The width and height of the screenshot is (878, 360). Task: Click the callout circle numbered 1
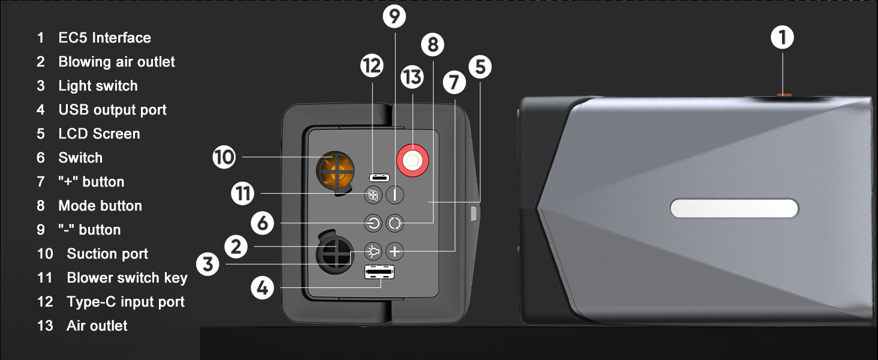(782, 38)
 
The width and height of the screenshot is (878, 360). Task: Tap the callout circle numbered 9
(394, 16)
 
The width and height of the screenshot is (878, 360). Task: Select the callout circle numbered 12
(372, 65)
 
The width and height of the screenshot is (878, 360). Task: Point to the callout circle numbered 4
(262, 289)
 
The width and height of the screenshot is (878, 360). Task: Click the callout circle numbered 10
(224, 158)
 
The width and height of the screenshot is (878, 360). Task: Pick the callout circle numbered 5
(480, 67)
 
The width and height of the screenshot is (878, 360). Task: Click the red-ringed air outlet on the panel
(413, 161)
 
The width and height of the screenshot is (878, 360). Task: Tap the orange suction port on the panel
(336, 172)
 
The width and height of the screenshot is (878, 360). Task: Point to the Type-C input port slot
(379, 178)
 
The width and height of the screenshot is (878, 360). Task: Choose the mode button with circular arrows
(395, 224)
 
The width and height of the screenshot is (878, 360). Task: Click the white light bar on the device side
(734, 208)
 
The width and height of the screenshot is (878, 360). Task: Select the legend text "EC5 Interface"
(104, 38)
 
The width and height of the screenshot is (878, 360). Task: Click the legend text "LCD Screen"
(99, 134)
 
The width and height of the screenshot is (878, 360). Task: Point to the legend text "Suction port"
(107, 254)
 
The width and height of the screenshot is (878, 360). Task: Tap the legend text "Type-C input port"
(125, 302)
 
